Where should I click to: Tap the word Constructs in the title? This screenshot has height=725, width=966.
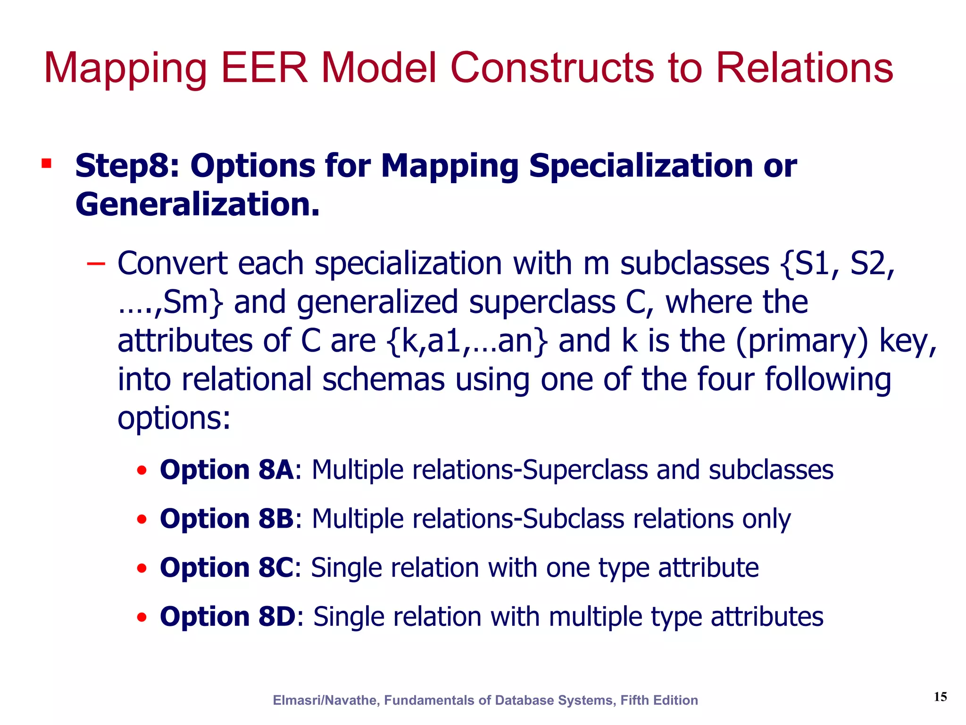click(x=553, y=68)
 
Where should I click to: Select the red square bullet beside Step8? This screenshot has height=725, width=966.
click(x=46, y=164)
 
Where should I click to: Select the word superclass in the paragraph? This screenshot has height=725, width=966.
click(x=542, y=302)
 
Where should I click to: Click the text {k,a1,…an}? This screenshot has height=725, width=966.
click(x=467, y=341)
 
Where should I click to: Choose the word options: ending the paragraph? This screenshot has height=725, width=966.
click(x=174, y=418)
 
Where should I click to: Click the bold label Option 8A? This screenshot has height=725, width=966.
click(x=227, y=470)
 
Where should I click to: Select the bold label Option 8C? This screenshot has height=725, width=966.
click(x=227, y=567)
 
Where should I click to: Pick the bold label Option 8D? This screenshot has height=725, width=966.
click(x=228, y=616)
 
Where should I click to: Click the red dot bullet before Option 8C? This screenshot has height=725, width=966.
click(x=142, y=568)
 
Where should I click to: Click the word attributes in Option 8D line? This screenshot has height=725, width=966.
click(x=767, y=616)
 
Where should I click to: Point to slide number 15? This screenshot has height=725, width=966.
click(x=940, y=697)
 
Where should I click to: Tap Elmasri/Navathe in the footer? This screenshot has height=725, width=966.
click(x=325, y=700)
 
